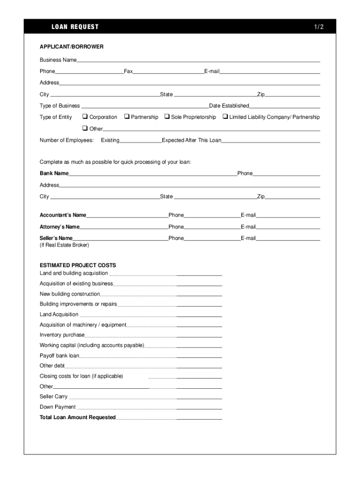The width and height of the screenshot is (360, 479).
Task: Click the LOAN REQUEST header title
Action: (75, 27)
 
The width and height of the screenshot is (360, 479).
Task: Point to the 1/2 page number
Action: (319, 27)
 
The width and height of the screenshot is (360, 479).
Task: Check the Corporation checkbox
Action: (85, 116)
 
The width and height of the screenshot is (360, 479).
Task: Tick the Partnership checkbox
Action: (127, 116)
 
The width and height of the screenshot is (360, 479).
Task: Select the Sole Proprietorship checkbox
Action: (167, 116)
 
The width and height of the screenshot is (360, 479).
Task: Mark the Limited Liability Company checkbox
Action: (225, 116)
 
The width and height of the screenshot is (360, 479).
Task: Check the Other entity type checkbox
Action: (85, 128)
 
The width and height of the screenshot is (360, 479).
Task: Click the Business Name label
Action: (58, 60)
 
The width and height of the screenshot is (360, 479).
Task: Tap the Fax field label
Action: (128, 72)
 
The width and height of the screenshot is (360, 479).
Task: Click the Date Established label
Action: (229, 106)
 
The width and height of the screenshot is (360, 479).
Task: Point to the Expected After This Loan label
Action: (192, 140)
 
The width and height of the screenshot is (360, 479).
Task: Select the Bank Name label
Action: (54, 174)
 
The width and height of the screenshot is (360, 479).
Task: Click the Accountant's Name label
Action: (63, 215)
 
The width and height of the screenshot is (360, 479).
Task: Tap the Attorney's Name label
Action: (60, 227)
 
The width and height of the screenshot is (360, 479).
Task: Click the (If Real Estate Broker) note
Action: (64, 245)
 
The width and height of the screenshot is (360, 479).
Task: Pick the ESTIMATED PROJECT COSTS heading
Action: (78, 265)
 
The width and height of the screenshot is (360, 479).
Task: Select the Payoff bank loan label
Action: (59, 356)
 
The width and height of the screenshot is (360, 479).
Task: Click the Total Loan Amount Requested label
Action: (78, 417)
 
